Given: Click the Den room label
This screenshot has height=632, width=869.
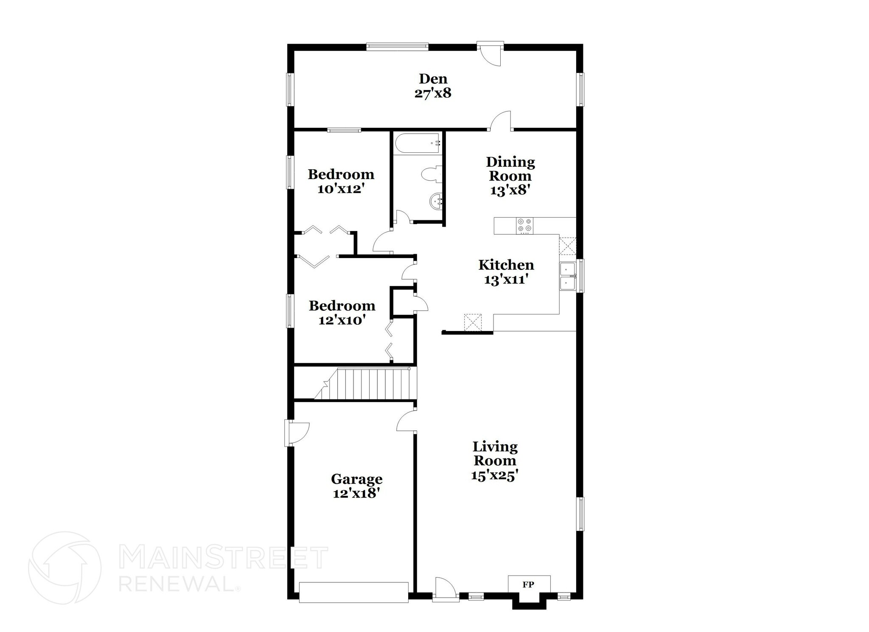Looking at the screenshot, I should pyautogui.click(x=433, y=79).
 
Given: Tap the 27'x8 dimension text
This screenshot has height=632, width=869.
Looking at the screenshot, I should pyautogui.click(x=433, y=93).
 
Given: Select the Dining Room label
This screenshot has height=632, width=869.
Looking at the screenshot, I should pyautogui.click(x=510, y=169).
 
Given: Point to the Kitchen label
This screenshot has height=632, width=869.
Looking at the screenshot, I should pyautogui.click(x=506, y=265).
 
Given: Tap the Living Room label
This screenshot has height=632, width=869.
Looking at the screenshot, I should pyautogui.click(x=495, y=453).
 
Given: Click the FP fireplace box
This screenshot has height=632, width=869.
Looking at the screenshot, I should pyautogui.click(x=529, y=584).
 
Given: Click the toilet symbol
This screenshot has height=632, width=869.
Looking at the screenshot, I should pyautogui.click(x=432, y=174).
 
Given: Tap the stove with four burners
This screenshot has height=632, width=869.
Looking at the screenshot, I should pyautogui.click(x=524, y=225).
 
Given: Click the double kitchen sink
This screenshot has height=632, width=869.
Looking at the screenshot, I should pyautogui.click(x=567, y=276).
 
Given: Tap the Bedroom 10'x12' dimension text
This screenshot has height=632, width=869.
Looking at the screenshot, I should pyautogui.click(x=341, y=189).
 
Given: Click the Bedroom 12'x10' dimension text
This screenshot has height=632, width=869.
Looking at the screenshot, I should pyautogui.click(x=342, y=320).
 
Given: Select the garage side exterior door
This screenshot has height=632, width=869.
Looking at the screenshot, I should pyautogui.click(x=297, y=433).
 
